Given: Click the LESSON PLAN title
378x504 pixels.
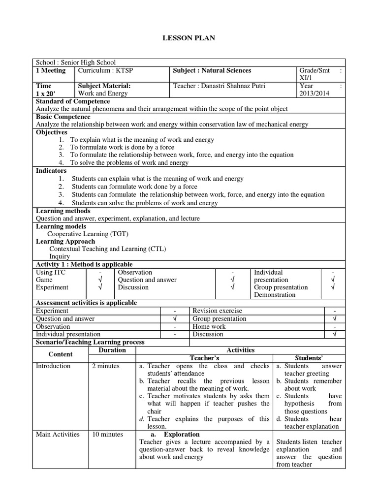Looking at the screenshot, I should tap(189, 38).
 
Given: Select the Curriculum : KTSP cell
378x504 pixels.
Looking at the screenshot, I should tap(105, 70).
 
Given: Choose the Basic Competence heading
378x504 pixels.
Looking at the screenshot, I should tap(63, 117).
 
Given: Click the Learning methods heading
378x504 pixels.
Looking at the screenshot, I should tap(63, 211).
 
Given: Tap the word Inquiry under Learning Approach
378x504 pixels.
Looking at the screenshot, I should tap(60, 256).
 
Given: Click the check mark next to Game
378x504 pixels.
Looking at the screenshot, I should tap(100, 280).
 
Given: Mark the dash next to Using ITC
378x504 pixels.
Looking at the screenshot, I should tap(100, 272).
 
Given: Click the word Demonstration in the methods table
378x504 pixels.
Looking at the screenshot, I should tap(275, 295).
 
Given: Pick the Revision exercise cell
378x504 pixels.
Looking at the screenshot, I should tap(217, 311).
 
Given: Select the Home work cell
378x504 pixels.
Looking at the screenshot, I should tap(209, 326).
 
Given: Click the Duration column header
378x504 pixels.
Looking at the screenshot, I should tap(112, 350).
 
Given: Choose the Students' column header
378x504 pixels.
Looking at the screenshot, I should tap(308, 358).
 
